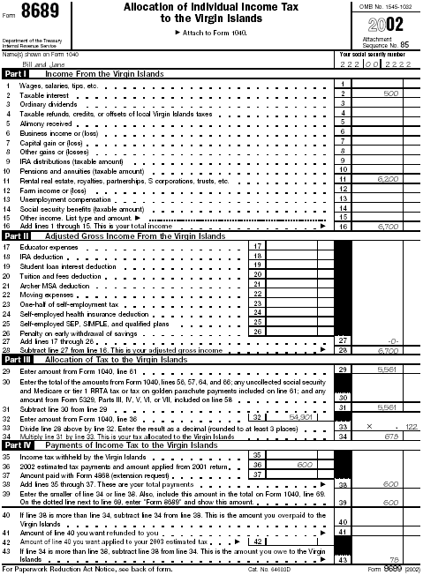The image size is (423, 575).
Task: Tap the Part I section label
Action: pos(15,74)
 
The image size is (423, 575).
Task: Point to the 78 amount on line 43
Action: pos(396,559)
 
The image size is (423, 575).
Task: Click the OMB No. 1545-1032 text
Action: pos(386,7)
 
